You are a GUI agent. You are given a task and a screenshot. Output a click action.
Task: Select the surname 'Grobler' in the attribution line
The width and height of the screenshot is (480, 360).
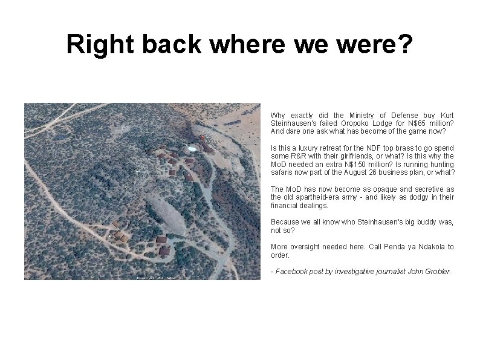click(x=438, y=272)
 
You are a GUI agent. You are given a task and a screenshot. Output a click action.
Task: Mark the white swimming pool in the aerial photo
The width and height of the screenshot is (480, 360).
click(x=192, y=148)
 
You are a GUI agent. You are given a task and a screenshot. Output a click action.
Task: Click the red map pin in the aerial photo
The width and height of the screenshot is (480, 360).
click(x=201, y=137)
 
